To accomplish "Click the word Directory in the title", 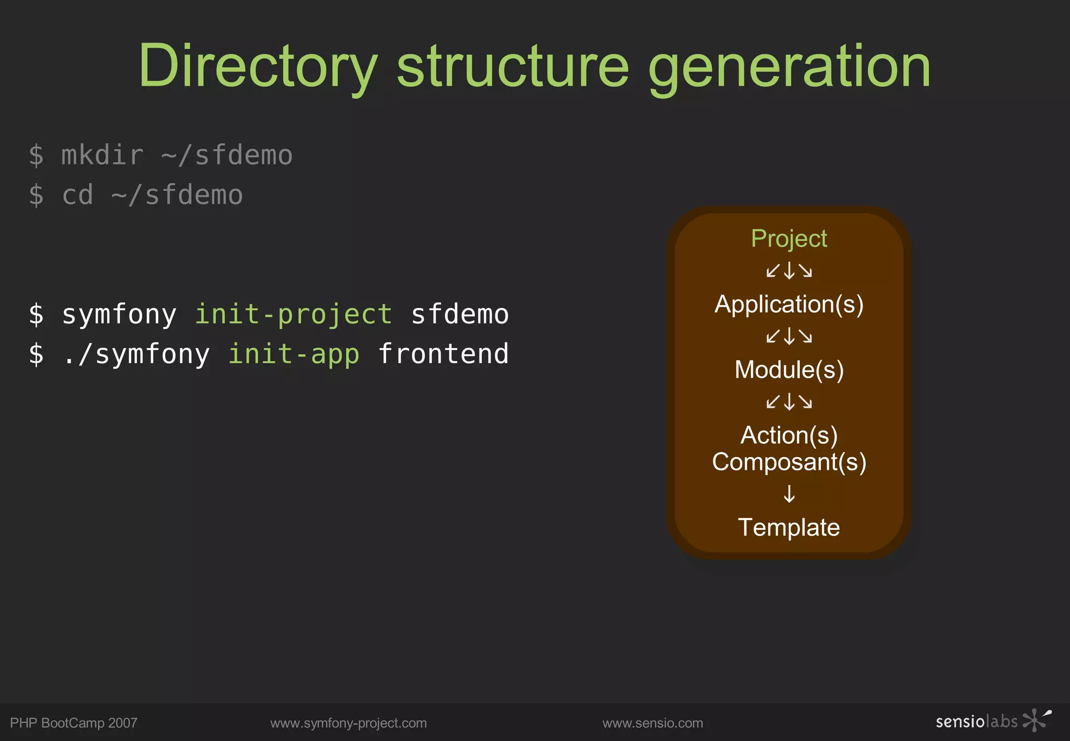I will (x=257, y=66).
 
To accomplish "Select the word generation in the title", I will (x=789, y=66).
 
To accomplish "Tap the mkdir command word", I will (x=102, y=156).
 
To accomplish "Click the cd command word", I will (x=77, y=195).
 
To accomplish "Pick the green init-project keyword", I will (x=293, y=315).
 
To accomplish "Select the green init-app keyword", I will (x=294, y=354).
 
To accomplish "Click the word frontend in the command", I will (x=443, y=354).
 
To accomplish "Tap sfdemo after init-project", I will (x=460, y=315).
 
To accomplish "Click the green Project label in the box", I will (x=788, y=238).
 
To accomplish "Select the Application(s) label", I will (x=788, y=304).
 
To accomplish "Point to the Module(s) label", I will (x=788, y=370).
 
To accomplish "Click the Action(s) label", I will (x=788, y=435).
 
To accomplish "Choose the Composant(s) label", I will (x=788, y=462).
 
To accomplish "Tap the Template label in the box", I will (x=788, y=527).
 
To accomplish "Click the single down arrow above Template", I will (x=789, y=494).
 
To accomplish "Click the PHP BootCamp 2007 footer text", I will (x=74, y=723).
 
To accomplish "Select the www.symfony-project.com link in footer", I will (x=348, y=723).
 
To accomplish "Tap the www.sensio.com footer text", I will (x=652, y=723).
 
